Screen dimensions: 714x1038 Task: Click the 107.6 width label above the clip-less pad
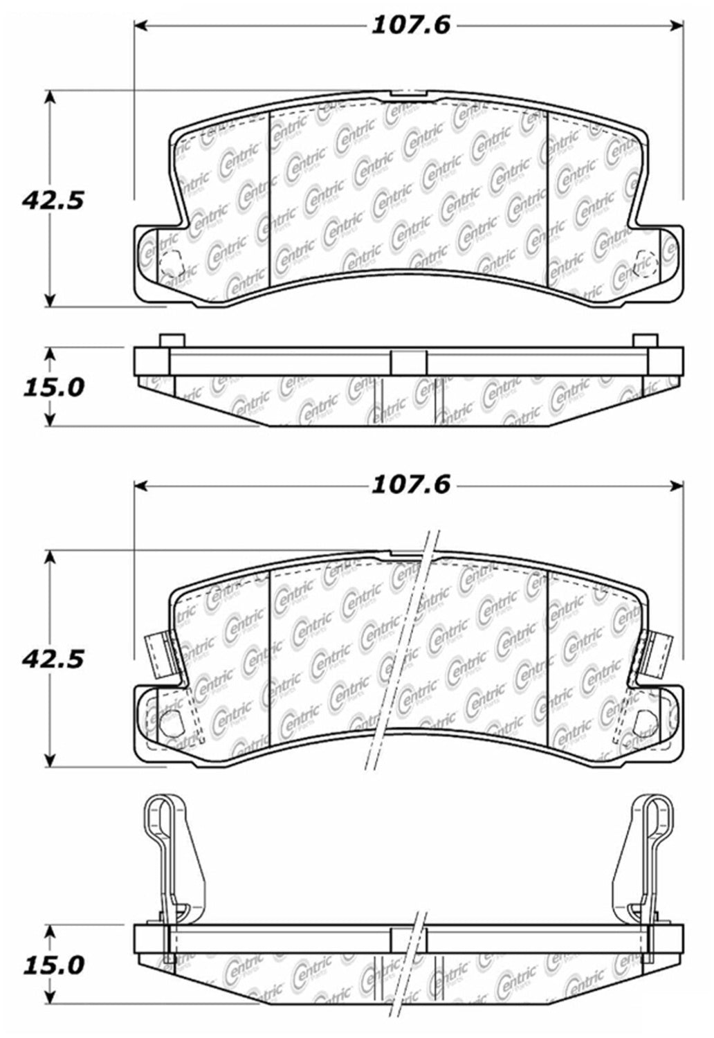pyautogui.click(x=410, y=25)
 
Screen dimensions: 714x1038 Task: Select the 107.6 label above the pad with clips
pyautogui.click(x=410, y=485)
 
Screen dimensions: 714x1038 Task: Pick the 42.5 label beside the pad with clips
pyautogui.click(x=53, y=659)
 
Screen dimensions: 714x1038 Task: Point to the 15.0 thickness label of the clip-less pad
pyautogui.click(x=54, y=386)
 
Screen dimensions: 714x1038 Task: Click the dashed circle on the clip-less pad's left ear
pyautogui.click(x=172, y=263)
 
